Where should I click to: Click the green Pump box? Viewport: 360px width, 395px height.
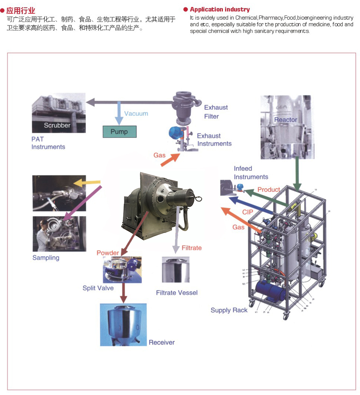pyautogui.click(x=119, y=131)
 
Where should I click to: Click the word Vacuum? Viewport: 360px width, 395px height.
pyautogui.click(x=136, y=114)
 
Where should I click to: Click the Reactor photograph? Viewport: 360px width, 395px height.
pyautogui.click(x=286, y=127)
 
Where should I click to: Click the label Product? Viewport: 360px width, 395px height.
pyautogui.click(x=269, y=189)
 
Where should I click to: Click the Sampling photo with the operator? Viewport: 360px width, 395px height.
pyautogui.click(x=59, y=234)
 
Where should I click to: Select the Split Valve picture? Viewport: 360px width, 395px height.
pyautogui.click(x=122, y=270)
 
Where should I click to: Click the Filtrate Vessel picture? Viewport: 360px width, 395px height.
pyautogui.click(x=175, y=269)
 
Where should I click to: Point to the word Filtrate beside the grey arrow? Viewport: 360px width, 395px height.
pyautogui.click(x=191, y=248)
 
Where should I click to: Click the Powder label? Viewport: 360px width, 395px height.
pyautogui.click(x=108, y=253)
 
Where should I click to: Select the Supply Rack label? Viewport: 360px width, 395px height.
pyautogui.click(x=229, y=310)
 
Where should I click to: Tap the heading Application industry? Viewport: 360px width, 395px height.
pyautogui.click(x=220, y=9)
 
